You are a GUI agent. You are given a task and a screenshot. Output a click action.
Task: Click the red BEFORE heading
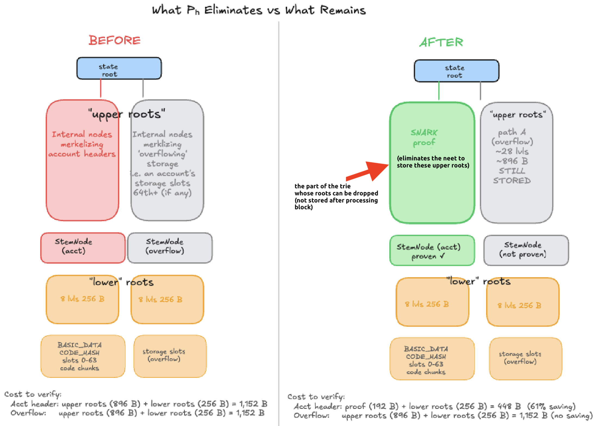(114, 41)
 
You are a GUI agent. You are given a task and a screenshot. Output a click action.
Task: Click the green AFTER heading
(441, 42)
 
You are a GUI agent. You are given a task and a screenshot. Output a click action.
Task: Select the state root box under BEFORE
(119, 68)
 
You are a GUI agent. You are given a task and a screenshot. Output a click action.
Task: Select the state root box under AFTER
(456, 71)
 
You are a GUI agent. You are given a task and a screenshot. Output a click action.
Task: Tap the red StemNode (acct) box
(83, 248)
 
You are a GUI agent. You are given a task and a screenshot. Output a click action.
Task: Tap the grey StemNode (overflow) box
(170, 248)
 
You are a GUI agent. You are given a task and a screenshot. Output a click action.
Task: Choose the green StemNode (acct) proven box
(432, 250)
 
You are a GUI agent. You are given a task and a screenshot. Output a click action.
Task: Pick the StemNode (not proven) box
(526, 250)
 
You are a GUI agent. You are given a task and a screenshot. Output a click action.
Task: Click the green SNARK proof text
(424, 137)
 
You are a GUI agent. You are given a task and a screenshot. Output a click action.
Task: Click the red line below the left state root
(101, 88)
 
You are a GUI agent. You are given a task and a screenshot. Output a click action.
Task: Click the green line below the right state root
(439, 91)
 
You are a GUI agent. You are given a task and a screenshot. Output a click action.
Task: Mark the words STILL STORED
(512, 176)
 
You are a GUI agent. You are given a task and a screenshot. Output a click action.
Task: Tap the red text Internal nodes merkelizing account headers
(82, 144)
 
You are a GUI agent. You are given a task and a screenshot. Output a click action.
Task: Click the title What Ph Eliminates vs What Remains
(259, 10)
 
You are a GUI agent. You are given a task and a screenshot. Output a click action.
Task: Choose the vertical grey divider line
(279, 218)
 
